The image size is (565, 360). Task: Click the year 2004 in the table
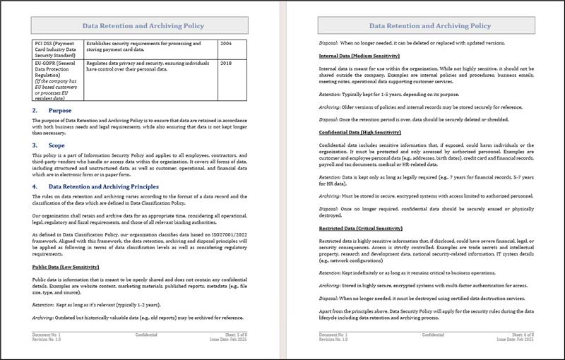[225, 44]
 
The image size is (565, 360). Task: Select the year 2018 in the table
[225, 64]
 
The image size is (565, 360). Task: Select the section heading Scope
[56, 145]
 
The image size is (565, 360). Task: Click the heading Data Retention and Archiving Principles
[109, 186]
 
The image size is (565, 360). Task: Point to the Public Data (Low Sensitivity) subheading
[66, 267]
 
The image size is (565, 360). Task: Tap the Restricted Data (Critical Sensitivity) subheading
[360, 228]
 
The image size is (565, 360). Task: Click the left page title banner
[143, 26]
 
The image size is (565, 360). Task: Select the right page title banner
[429, 26]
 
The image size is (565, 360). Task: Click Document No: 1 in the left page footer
[47, 335]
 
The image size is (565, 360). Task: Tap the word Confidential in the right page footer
[430, 335]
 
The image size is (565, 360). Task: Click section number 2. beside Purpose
[35, 111]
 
